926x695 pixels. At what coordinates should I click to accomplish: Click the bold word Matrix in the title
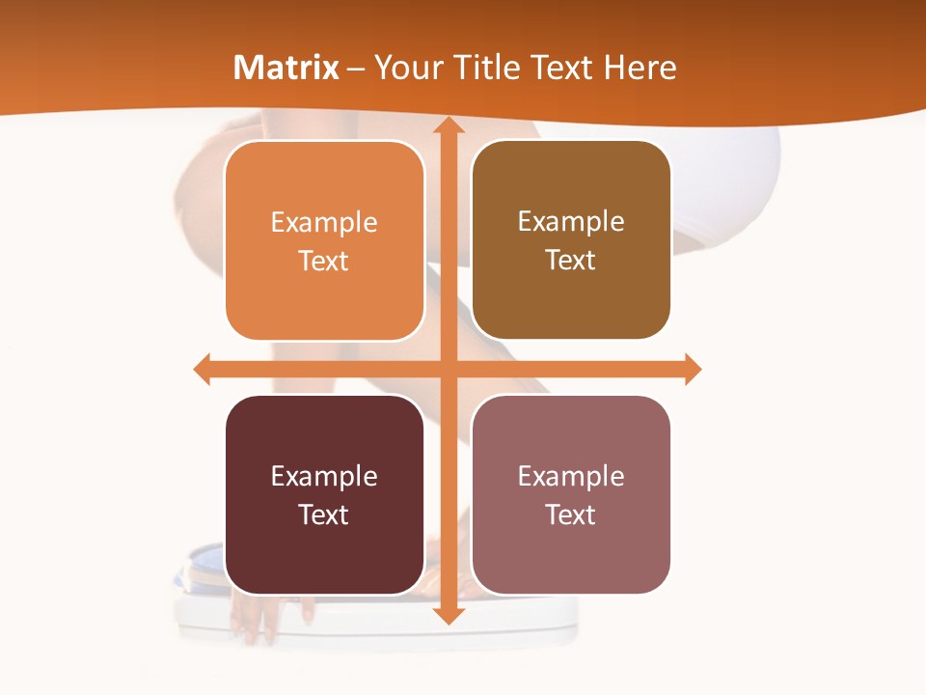click(286, 68)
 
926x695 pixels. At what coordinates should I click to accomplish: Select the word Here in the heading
click(640, 68)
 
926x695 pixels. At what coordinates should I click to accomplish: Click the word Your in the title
click(404, 68)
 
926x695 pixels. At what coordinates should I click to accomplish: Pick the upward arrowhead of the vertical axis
click(448, 125)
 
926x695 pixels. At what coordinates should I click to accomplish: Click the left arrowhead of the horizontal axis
click(203, 369)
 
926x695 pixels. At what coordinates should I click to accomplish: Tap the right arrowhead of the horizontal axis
click(692, 369)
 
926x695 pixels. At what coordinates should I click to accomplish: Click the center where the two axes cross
click(448, 369)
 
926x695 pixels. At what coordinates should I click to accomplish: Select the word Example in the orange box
click(324, 223)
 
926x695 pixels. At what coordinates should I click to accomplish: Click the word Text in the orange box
click(324, 262)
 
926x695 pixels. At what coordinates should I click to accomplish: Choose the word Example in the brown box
click(571, 222)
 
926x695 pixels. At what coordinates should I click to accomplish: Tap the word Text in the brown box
click(571, 261)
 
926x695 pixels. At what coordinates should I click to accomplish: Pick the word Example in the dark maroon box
click(324, 477)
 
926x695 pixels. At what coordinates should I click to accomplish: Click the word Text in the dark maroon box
click(324, 515)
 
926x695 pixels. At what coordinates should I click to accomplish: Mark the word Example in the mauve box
click(571, 477)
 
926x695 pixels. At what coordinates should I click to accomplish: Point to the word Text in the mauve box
click(571, 515)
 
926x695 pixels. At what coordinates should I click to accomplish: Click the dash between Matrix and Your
click(356, 69)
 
